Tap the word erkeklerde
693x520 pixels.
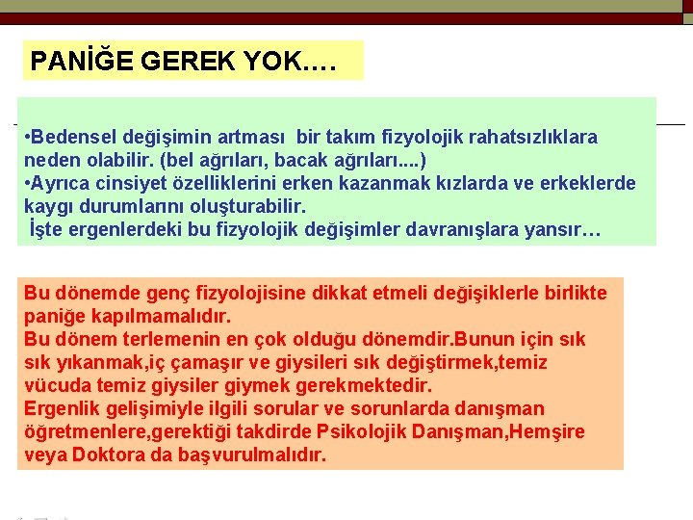[589, 183]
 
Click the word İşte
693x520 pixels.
[47, 229]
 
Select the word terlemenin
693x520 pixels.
[168, 339]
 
